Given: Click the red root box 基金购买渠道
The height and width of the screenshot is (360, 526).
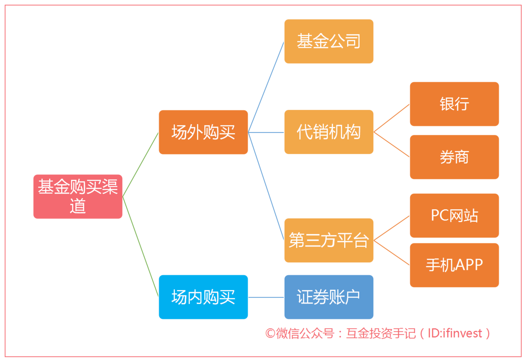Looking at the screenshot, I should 78,196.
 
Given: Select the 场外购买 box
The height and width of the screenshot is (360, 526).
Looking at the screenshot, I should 203,132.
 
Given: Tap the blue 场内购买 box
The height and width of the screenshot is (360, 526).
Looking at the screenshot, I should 203,297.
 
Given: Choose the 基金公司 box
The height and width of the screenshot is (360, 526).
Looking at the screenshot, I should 329,41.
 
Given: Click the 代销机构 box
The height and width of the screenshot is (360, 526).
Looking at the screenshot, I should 329,132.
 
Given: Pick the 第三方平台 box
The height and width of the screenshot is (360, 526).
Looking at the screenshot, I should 329,240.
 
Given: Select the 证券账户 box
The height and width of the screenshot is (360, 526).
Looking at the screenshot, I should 329,297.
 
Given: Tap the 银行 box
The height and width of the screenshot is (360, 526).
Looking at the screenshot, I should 454,104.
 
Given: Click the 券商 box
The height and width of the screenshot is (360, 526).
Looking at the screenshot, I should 454,157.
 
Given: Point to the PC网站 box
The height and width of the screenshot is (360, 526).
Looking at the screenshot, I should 454,215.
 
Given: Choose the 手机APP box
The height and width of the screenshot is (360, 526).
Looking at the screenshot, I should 454,265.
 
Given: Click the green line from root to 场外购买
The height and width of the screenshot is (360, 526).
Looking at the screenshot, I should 140,165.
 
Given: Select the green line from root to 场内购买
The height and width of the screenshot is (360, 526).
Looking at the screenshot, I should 140,247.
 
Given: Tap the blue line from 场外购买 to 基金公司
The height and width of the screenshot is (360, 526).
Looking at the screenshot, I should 266,87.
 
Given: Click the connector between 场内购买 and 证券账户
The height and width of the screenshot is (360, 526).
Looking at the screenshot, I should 266,297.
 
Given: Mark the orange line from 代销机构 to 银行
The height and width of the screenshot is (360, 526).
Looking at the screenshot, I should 392,118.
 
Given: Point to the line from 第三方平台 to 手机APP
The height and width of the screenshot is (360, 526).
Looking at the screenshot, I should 392,253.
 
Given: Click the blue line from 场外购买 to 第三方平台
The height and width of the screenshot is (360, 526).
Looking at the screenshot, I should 266,186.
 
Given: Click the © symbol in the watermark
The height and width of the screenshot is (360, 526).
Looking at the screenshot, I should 270,333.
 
